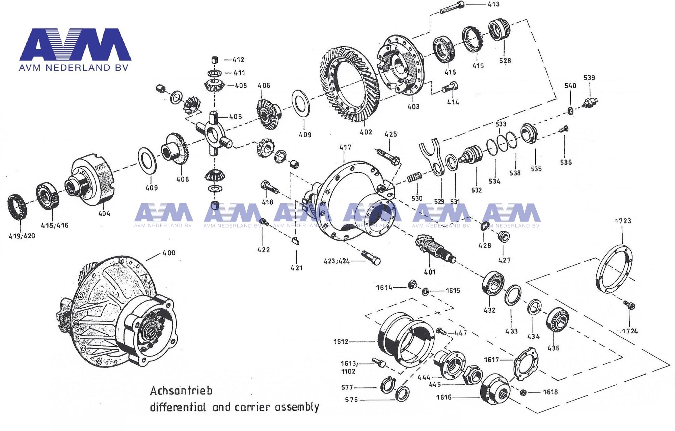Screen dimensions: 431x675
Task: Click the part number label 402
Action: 366,132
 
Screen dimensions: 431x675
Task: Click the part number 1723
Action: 623,221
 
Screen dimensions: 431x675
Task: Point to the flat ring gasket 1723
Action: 614,269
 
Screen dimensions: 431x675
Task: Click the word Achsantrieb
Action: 181,391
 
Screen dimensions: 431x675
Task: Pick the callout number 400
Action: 169,253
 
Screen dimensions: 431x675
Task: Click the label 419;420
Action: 22,236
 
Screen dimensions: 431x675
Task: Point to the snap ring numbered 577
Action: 387,386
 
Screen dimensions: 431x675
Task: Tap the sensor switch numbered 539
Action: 590,102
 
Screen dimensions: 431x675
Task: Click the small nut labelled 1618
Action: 523,392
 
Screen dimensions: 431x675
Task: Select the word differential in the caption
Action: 178,407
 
